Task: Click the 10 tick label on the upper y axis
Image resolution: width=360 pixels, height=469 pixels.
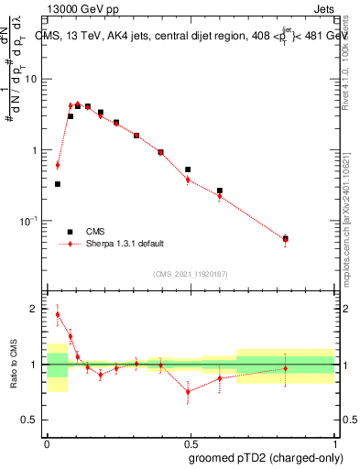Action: pos(33,79)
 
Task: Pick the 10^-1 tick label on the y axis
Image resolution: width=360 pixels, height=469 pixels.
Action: pos(30,221)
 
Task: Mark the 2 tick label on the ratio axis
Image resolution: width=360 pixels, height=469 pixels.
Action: pos(36,310)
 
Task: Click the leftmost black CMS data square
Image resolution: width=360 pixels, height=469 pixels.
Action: pos(58,184)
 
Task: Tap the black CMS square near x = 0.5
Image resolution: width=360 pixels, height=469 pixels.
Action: pos(188,169)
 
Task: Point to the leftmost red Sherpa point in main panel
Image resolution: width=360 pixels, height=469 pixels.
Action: pos(58,165)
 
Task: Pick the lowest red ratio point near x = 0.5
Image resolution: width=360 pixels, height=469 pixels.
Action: pos(188,391)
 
